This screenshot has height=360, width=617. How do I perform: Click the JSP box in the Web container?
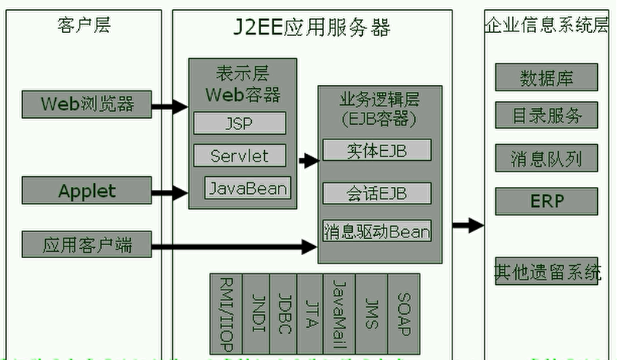(x=239, y=123)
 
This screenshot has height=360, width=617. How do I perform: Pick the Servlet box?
(x=239, y=155)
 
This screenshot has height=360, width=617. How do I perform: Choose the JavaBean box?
(x=248, y=188)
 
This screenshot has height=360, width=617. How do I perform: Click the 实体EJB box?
(x=377, y=150)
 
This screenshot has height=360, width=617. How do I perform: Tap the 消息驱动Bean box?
(x=377, y=231)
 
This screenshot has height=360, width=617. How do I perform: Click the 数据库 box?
(x=547, y=77)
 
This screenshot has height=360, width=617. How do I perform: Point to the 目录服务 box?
(x=547, y=116)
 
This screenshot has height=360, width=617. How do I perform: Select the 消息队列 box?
(x=547, y=159)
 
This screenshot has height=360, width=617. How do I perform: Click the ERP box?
(x=547, y=201)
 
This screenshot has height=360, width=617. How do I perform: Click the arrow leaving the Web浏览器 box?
(x=170, y=106)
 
